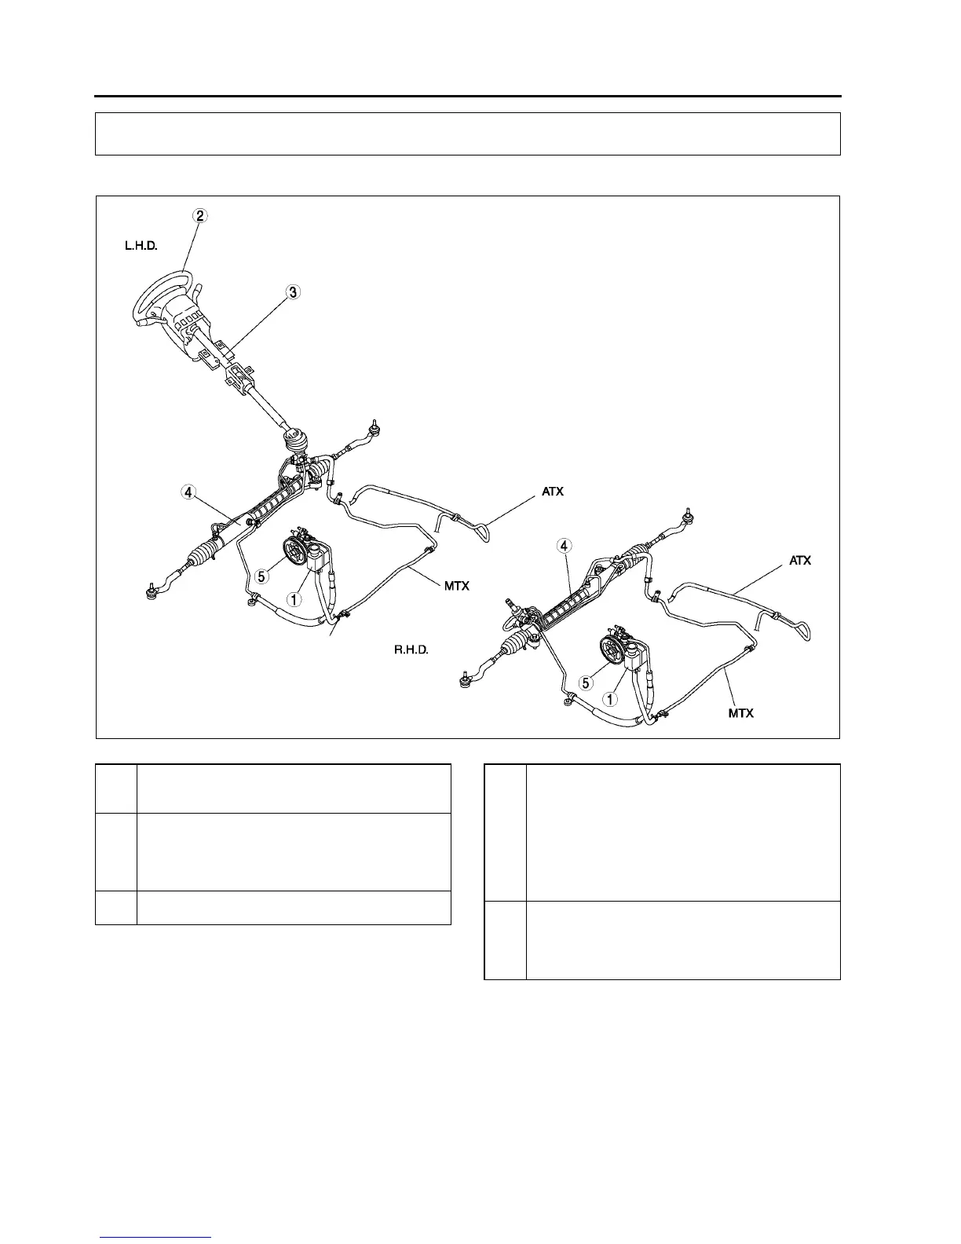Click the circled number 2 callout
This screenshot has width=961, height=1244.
point(201,216)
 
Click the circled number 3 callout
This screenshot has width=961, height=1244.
point(291,292)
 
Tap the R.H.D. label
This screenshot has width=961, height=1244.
point(411,650)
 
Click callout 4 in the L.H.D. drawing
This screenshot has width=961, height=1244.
point(187,492)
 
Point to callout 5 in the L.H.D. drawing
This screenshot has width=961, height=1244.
point(262,576)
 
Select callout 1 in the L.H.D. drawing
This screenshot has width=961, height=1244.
point(293,599)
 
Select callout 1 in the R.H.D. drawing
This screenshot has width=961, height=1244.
point(609,697)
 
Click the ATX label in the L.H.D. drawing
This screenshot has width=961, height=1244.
point(553,492)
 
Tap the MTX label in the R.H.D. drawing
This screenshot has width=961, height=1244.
point(740,713)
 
